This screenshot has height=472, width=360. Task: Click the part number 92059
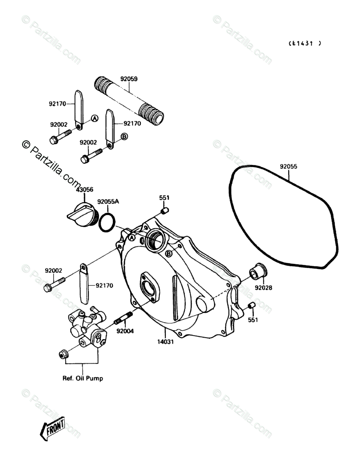coord(129,79)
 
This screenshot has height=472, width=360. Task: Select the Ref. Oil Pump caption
coord(83,378)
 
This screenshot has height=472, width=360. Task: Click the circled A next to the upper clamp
coord(94,119)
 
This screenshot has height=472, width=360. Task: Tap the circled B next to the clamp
coord(124,137)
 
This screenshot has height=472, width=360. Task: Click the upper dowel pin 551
coord(164,211)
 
